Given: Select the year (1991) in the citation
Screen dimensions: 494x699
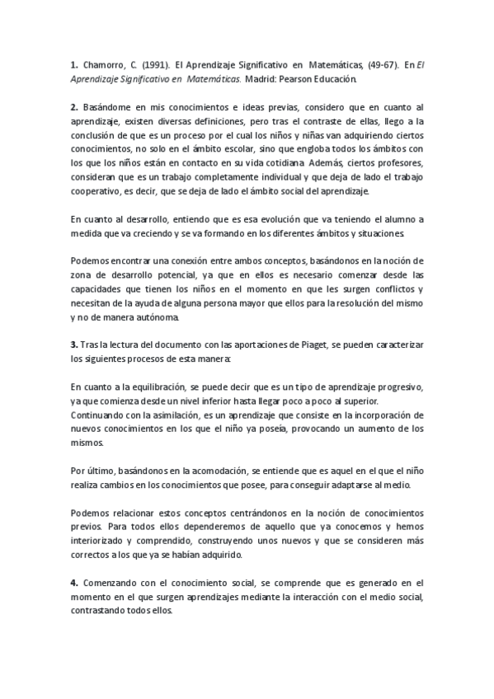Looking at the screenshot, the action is click(154, 63).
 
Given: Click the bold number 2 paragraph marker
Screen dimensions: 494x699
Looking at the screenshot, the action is click(74, 107).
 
